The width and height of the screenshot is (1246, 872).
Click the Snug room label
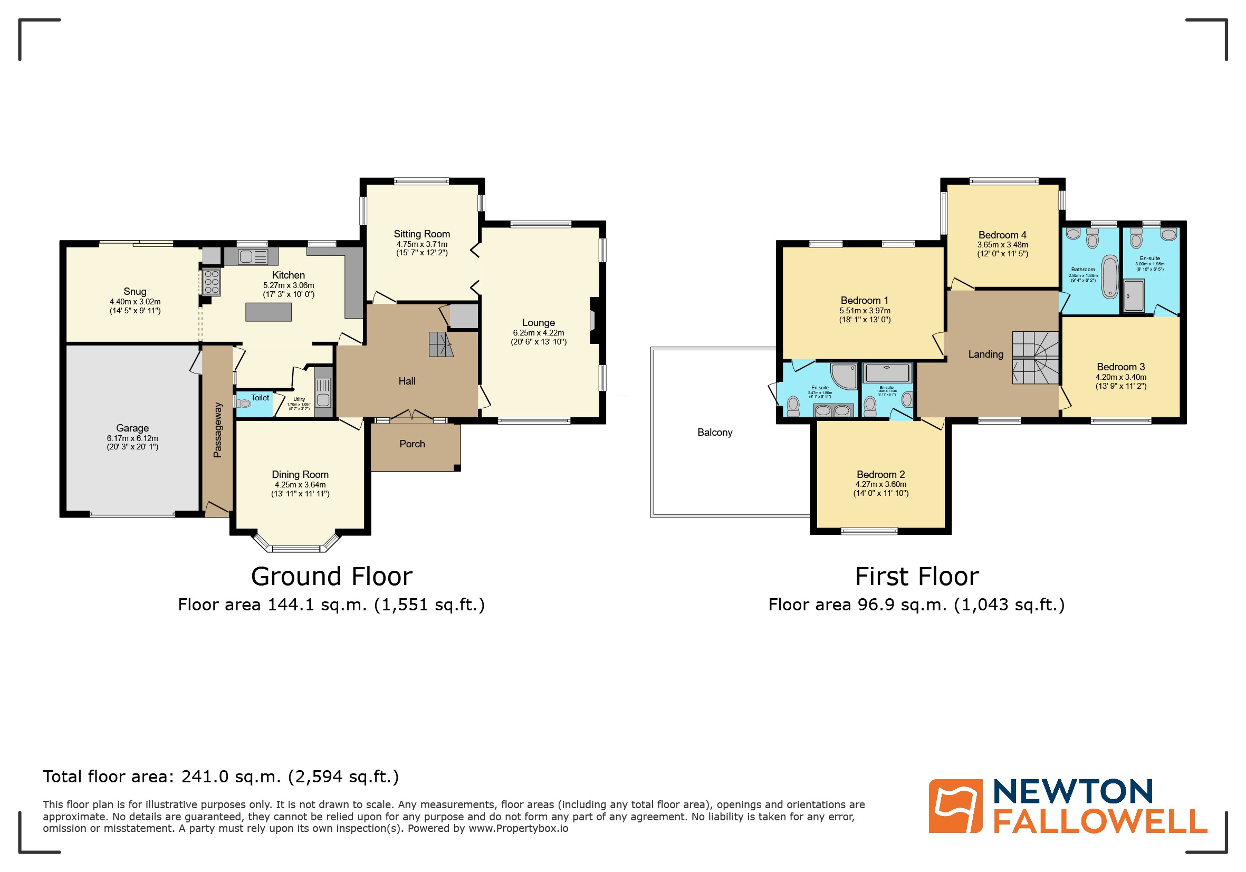135,291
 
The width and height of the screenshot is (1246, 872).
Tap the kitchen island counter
268,312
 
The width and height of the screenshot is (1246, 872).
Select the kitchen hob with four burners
212,282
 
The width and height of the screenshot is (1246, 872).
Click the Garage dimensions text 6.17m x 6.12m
132,438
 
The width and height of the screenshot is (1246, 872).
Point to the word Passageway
218,430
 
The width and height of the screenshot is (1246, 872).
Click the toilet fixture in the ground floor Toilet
243,403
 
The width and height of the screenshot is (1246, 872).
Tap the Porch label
412,444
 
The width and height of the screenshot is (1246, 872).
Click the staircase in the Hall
440,344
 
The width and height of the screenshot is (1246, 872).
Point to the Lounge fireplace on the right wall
593,320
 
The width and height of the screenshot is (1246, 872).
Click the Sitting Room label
421,234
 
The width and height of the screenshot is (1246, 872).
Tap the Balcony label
714,432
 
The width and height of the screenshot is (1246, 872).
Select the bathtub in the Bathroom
1110,277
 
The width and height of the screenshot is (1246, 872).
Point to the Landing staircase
1035,358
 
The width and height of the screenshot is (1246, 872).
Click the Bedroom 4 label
1002,235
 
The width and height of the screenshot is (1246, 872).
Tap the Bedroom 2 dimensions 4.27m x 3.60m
880,484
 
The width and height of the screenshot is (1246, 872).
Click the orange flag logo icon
955,806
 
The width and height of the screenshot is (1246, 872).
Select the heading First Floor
917,576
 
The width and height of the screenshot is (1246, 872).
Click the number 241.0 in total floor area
205,777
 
